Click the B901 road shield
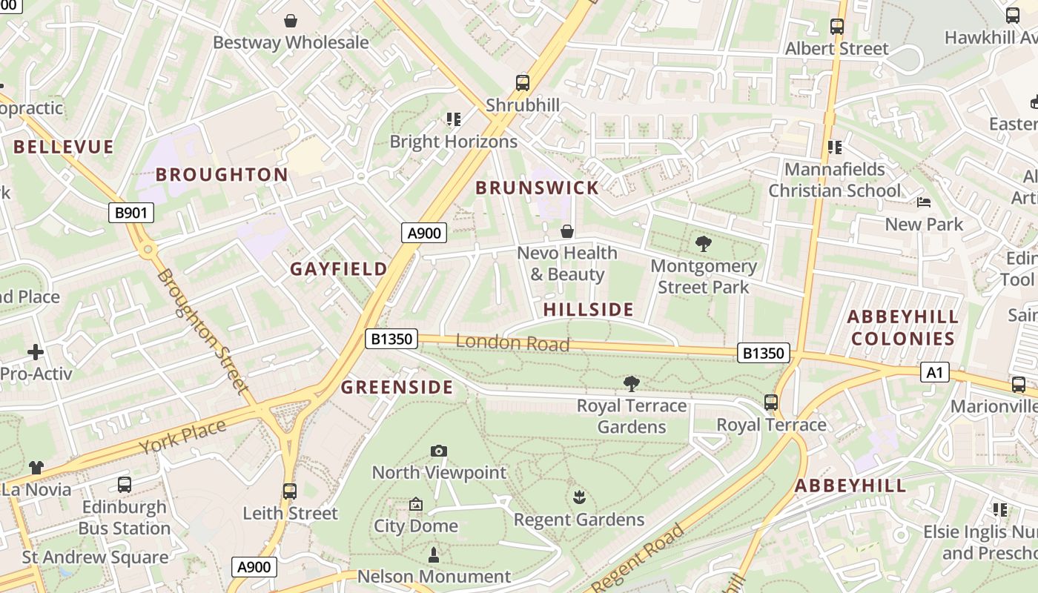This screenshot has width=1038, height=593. click(x=131, y=213)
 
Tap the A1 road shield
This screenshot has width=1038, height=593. click(x=934, y=371)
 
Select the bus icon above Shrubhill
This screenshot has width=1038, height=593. click(x=523, y=82)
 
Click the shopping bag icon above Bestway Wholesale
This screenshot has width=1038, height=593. click(x=291, y=20)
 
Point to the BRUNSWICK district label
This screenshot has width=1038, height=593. click(x=537, y=188)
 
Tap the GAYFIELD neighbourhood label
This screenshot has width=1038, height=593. click(x=338, y=268)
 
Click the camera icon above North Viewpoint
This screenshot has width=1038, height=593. click(x=439, y=451)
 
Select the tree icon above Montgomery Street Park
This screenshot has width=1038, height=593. click(x=703, y=243)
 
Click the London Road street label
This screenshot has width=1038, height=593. click(x=512, y=342)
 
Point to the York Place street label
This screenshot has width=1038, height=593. click(x=182, y=439)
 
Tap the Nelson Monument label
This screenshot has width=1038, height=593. click(x=434, y=576)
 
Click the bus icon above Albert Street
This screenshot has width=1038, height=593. click(x=837, y=27)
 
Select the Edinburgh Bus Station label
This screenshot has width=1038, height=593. click(x=125, y=517)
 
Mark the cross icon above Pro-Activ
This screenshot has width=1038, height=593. click(x=36, y=351)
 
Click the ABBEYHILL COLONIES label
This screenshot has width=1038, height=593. click(x=902, y=328)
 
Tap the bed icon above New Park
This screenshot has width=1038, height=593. click(x=924, y=202)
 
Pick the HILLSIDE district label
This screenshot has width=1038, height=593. click(x=589, y=309)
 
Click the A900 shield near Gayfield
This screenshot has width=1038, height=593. click(x=425, y=233)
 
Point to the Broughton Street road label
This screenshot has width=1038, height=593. click(x=202, y=330)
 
